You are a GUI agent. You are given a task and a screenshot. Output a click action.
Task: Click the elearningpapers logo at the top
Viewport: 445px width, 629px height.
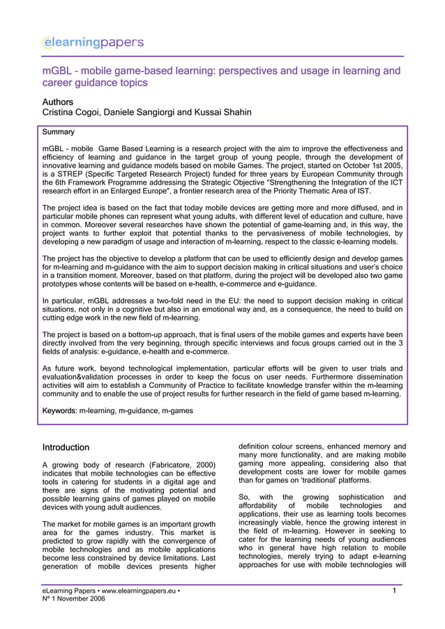[x=93, y=43]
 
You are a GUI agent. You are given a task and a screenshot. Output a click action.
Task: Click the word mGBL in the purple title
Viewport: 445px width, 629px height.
[x=56, y=71]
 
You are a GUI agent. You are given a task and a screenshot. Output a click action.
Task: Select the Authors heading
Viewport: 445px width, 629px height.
[x=58, y=102]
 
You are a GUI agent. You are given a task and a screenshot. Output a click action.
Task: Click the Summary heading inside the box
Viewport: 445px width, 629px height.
[x=59, y=132]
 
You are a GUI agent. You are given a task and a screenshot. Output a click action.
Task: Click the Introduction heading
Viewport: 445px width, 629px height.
[x=66, y=447]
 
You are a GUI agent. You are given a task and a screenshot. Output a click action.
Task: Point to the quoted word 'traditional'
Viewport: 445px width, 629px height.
[x=317, y=480]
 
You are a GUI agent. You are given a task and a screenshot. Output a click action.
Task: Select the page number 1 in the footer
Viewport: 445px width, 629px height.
[x=395, y=591]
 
